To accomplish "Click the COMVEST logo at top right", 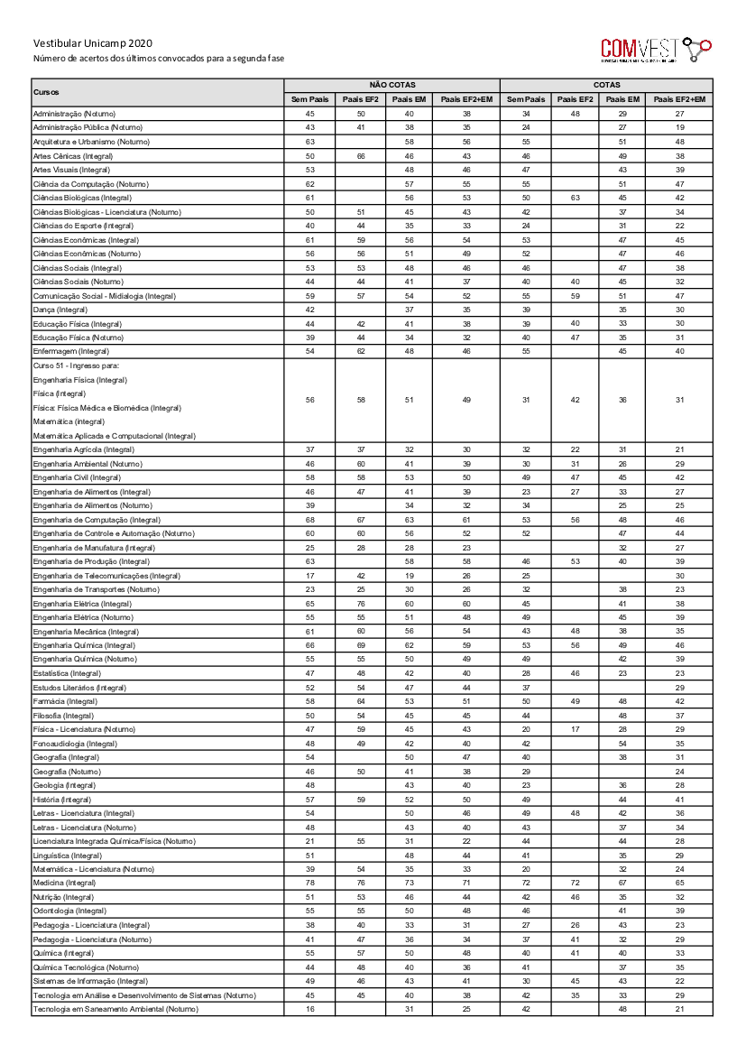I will click(x=656, y=49).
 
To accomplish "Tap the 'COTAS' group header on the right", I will click(x=607, y=85).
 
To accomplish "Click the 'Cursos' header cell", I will click(x=47, y=92).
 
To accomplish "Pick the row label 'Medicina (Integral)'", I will click(x=64, y=883).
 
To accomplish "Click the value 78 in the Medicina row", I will click(x=310, y=883).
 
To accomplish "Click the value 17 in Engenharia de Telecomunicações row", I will click(x=310, y=575).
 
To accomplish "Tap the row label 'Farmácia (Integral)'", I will click(x=64, y=701).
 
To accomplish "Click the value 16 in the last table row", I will click(x=310, y=1008).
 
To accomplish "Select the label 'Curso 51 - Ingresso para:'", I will click(x=76, y=366).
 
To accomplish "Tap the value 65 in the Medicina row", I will click(x=679, y=883).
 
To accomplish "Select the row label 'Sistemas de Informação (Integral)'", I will click(x=90, y=980).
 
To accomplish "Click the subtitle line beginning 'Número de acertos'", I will click(x=158, y=58).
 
